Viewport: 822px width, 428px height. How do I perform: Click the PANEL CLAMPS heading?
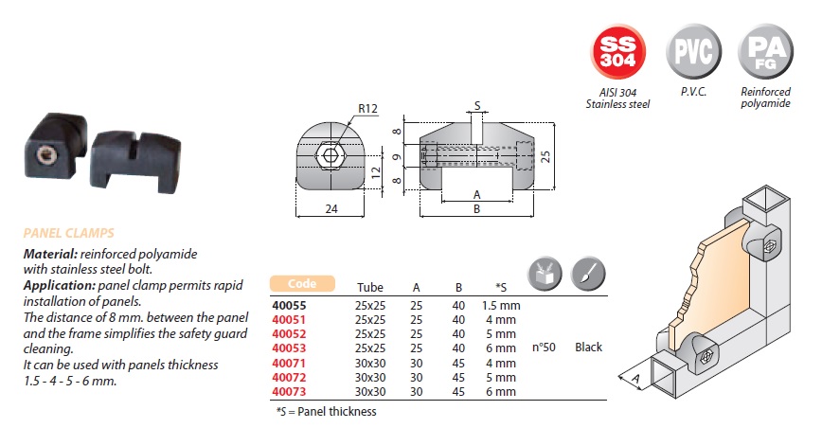click(x=69, y=232)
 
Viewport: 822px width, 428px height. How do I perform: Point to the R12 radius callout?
click(x=368, y=110)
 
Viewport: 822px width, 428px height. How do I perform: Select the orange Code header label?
click(x=303, y=284)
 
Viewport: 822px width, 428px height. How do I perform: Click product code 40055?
click(x=291, y=305)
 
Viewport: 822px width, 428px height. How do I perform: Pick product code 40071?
click(x=291, y=363)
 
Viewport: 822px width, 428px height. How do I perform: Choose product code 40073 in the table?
click(x=291, y=391)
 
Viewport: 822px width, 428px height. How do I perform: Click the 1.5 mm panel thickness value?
click(x=500, y=305)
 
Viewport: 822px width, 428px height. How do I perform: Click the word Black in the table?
click(x=589, y=348)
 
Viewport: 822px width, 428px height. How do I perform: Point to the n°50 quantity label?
click(x=544, y=348)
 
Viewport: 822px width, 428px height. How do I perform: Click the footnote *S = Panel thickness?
click(x=327, y=411)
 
